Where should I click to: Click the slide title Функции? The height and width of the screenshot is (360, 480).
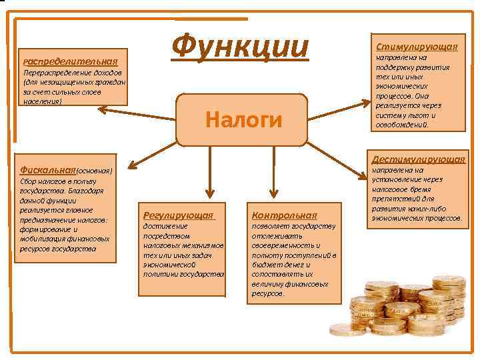[240, 47]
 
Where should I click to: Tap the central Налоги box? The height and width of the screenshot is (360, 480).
[243, 119]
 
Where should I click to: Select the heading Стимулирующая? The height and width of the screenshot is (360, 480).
[417, 47]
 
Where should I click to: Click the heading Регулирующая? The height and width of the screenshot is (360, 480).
[178, 215]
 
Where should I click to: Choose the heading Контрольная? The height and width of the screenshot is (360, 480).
[284, 215]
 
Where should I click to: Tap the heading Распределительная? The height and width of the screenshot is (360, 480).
[70, 61]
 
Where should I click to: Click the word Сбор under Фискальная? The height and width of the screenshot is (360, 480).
[29, 181]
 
